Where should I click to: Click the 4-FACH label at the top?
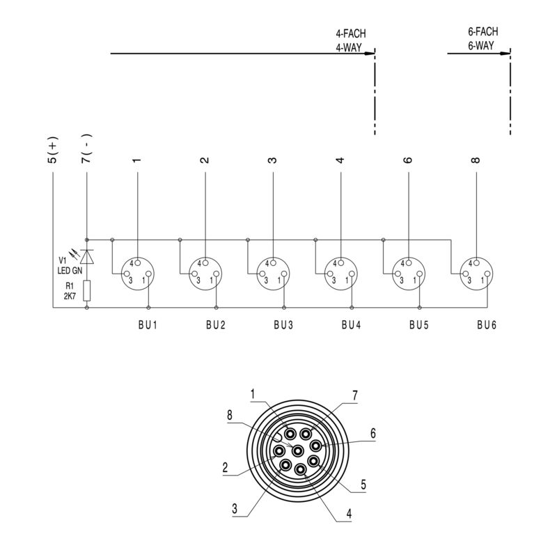pos(350,33)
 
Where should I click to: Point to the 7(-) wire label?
pos(86,148)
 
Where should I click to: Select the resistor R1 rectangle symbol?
pos(86,290)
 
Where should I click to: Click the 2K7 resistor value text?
pos(70,296)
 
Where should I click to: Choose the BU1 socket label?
pos(148,324)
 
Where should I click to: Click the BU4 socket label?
pos(352,324)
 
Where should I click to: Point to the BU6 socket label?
pos(487,324)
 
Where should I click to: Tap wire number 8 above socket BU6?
pos(476,159)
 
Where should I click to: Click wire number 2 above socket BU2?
pos(205,159)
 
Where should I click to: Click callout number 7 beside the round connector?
pos(354,395)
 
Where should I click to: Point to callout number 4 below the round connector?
pos(349,517)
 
